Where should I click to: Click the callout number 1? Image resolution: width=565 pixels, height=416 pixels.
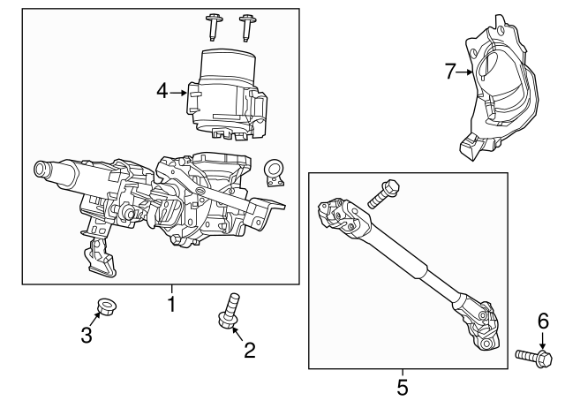pyautogui.click(x=172, y=305)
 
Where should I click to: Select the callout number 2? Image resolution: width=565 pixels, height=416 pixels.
pyautogui.click(x=249, y=351)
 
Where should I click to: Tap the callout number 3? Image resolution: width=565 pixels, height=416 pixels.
pyautogui.click(x=86, y=335)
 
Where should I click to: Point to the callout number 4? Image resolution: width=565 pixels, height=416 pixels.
pyautogui.click(x=162, y=90)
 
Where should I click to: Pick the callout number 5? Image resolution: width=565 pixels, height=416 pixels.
pyautogui.click(x=402, y=386)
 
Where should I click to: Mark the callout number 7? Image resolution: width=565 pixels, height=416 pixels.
pyautogui.click(x=449, y=71)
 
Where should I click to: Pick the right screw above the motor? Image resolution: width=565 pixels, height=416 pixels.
pyautogui.click(x=248, y=26)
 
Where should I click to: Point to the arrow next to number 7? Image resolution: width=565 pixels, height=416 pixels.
pyautogui.click(x=466, y=72)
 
